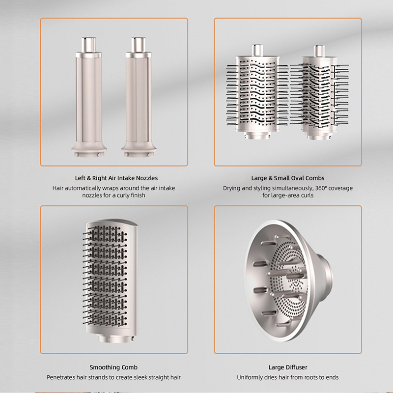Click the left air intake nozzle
tap(89, 98)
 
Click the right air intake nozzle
tap(138, 98)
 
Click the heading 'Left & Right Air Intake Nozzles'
tap(113, 178)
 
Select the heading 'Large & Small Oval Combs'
tap(287, 178)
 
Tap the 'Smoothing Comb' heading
tap(113, 367)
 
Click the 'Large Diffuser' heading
tap(287, 367)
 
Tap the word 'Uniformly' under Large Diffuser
tap(252, 377)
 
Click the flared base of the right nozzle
tap(138, 148)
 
